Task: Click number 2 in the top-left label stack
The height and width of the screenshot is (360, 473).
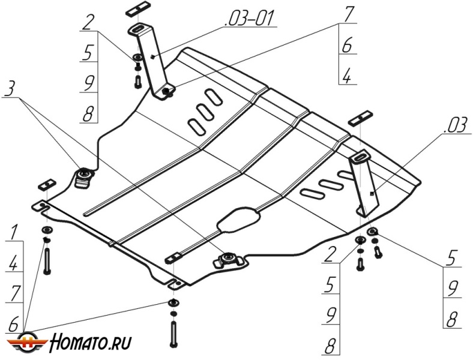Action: click(89, 23)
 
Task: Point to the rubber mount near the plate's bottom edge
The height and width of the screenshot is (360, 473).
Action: click(228, 259)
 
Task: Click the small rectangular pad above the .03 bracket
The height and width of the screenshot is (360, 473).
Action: click(361, 115)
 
